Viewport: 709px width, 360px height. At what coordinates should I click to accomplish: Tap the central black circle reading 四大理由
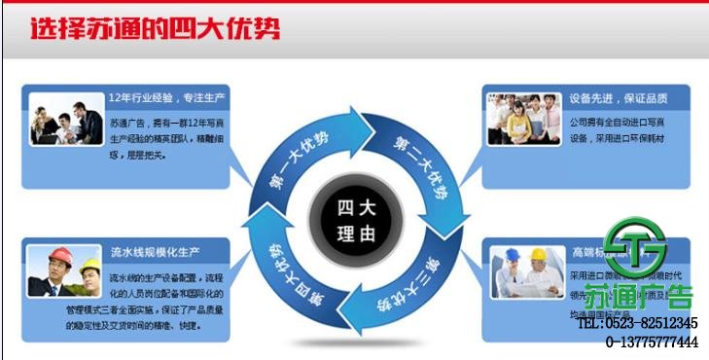pos(354,221)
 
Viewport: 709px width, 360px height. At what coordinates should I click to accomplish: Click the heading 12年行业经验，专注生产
pos(167,98)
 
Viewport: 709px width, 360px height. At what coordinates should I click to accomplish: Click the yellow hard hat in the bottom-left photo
pos(89,264)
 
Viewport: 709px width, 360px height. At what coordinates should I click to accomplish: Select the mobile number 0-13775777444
pos(652,342)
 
